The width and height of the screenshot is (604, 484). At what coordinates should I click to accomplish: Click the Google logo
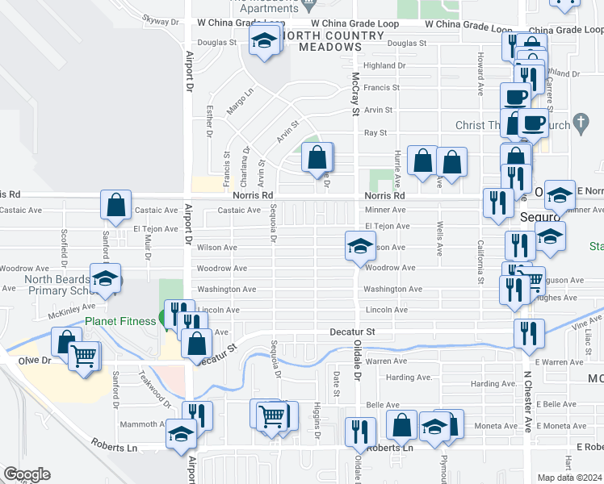(x=27, y=474)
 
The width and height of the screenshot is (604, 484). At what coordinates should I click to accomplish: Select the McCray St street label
(x=354, y=93)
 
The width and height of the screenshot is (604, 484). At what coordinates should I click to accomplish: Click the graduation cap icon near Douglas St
(x=263, y=42)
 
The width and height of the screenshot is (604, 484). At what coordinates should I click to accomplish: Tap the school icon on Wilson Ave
(x=359, y=246)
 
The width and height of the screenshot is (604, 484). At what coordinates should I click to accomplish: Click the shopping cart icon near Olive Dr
(x=84, y=356)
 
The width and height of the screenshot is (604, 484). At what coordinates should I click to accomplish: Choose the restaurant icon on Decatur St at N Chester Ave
(x=529, y=332)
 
